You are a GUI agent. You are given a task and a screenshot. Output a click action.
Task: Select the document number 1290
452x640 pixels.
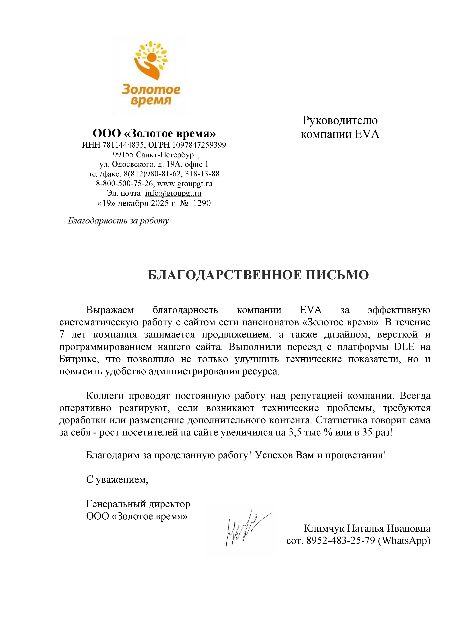(202, 203)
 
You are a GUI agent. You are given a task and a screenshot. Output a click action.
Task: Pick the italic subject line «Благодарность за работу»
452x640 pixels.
(118, 221)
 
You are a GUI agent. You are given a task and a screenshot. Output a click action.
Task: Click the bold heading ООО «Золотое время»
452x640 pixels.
(154, 134)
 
